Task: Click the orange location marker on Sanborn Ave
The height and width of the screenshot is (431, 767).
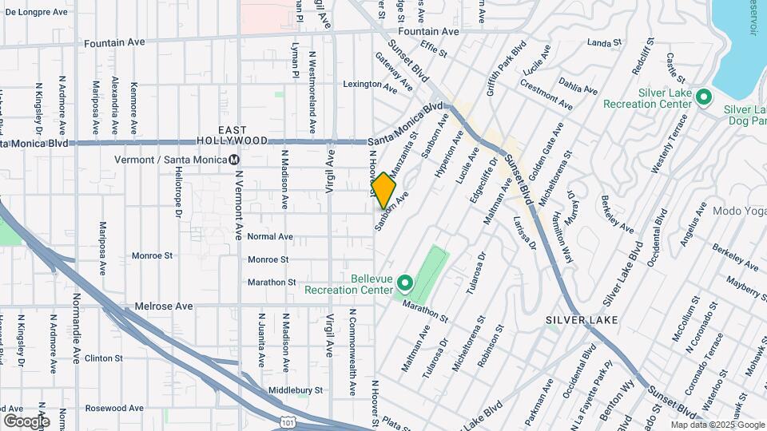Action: tap(383, 190)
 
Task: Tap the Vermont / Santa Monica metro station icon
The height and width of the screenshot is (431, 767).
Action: tap(234, 160)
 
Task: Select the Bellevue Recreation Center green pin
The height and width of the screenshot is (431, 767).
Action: tap(405, 283)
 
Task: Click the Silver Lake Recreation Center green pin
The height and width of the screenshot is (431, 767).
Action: tap(704, 97)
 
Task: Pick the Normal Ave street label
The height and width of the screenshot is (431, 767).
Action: tap(270, 237)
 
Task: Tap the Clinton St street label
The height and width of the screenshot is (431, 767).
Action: tap(102, 358)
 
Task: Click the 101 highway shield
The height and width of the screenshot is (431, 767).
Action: tap(288, 424)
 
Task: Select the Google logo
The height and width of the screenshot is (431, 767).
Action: tap(26, 421)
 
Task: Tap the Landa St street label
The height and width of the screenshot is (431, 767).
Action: tap(604, 42)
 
